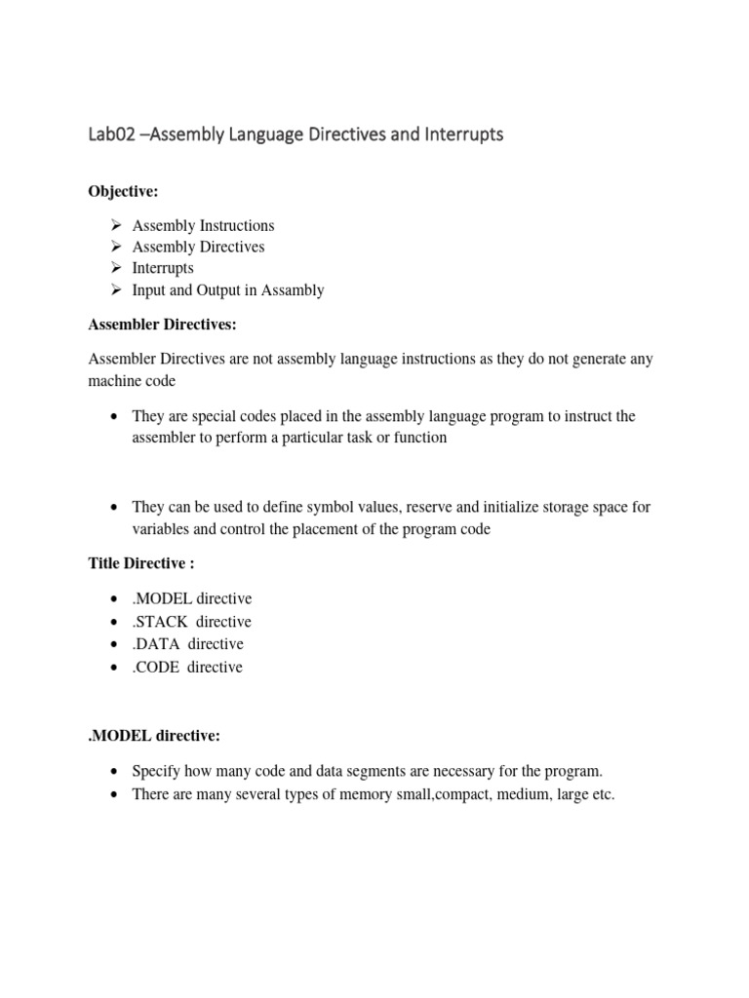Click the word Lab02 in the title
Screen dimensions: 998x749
pos(109,134)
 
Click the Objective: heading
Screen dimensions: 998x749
pos(123,190)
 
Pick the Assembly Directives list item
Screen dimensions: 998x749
pos(198,247)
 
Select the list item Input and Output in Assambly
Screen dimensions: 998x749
pos(228,289)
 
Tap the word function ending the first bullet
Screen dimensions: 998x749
pos(418,438)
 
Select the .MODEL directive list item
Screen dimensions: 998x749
pos(192,598)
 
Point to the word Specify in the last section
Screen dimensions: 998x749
pos(156,771)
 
